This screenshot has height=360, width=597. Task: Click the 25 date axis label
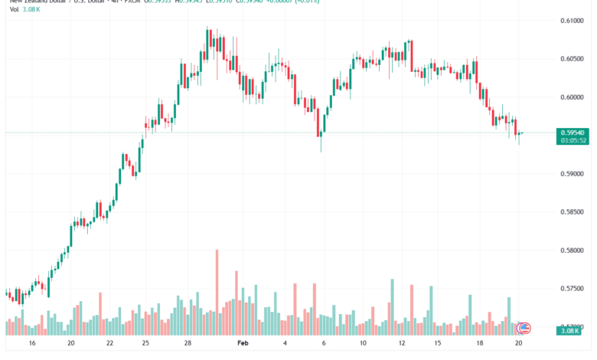pos(145,345)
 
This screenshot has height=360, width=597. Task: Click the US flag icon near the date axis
pos(524,329)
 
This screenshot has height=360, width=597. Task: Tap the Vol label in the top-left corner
pos(15,11)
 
